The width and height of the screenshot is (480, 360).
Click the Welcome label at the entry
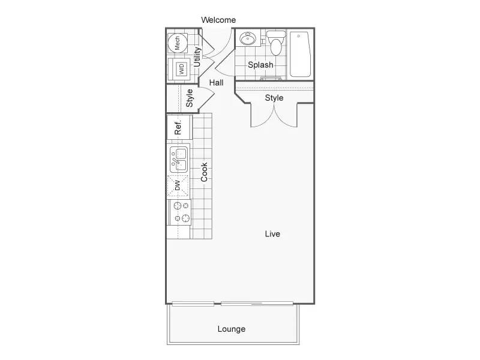point(218,20)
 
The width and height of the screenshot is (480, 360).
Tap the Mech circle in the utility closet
point(178,43)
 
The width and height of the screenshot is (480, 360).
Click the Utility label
point(197,57)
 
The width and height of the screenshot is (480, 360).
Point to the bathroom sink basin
point(248,39)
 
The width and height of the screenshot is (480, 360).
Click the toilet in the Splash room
point(276,43)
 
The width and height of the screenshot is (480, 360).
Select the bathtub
point(301,54)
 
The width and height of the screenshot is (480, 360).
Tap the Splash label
point(260,65)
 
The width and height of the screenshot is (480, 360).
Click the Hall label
point(217,83)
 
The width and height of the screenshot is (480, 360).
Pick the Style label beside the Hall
point(190,98)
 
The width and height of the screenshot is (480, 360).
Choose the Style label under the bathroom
point(274,98)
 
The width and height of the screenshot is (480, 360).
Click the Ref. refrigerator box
point(179,127)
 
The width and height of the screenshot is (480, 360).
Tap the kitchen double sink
point(179,160)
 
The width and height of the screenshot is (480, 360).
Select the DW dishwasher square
point(178,186)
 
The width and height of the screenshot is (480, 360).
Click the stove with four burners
point(180,212)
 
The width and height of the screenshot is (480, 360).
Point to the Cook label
point(204,172)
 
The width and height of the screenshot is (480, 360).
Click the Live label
point(272,234)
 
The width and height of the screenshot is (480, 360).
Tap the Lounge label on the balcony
point(232,329)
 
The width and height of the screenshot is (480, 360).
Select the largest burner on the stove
point(186,218)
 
